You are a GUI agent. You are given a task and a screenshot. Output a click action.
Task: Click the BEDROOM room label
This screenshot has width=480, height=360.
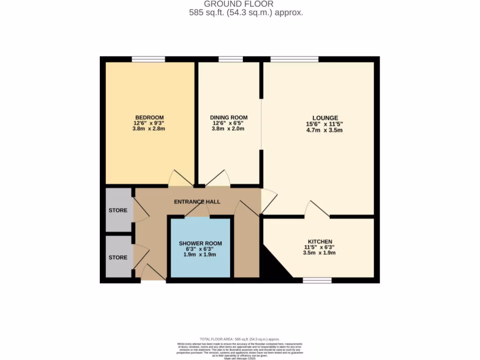coord(150,117)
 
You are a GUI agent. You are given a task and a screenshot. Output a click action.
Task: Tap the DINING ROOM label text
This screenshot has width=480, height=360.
coord(228,117)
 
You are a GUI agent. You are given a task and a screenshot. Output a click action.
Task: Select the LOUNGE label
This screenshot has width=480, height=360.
coord(325,118)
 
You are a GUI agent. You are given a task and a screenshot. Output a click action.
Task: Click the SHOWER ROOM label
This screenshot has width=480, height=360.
coord(200,243)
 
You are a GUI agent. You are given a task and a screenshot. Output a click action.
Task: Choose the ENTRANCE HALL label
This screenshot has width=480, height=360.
coord(197,202)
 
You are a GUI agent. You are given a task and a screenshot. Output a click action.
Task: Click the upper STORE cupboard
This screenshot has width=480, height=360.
coord(118,210)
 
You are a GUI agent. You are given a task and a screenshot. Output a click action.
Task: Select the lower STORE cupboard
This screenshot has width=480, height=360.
coord(118,257)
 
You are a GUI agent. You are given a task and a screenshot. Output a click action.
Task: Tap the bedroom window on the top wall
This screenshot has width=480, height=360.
coord(148,59)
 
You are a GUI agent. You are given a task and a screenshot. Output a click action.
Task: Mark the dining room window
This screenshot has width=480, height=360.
coord(231,59)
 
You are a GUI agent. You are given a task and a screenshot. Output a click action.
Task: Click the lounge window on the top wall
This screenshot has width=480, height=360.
coord(294,59)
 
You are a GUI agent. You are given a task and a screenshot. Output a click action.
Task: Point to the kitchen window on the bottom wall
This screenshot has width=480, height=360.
coord(317,280)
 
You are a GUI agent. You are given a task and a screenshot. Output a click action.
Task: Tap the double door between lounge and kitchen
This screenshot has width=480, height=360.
coord(317,210)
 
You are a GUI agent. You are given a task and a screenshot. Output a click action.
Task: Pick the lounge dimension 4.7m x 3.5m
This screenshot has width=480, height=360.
coord(325,130)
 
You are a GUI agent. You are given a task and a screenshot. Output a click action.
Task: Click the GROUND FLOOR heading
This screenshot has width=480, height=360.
coord(246,4)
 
